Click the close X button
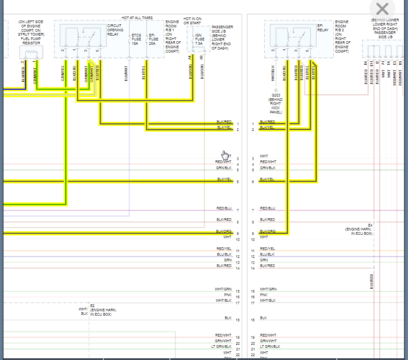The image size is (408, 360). tap(382, 9)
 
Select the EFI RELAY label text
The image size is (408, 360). tap(323, 27)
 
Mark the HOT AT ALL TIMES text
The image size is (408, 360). tap(137, 18)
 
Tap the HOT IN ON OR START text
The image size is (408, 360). tap(192, 21)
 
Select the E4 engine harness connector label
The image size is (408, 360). tap(359, 229)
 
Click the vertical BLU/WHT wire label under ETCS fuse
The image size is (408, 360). tap(126, 73)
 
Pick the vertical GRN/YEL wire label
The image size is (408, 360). tap(63, 73)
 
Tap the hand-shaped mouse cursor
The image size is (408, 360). tap(225, 155)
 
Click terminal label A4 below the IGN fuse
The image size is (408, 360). tap(190, 57)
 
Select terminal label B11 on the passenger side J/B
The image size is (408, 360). tap(372, 63)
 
